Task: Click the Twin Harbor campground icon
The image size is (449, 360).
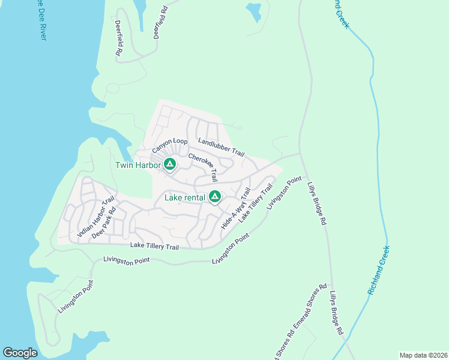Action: pos(170,164)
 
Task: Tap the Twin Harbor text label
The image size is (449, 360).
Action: pos(138,165)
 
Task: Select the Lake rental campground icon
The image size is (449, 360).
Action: pos(215,196)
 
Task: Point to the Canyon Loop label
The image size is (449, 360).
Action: pos(169,145)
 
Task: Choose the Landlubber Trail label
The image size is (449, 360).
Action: pos(221,147)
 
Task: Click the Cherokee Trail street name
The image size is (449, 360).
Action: pos(203,167)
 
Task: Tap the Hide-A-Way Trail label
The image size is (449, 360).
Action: pos(236,208)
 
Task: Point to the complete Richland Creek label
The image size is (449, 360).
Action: pos(379,269)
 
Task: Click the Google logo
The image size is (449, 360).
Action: pos(20,353)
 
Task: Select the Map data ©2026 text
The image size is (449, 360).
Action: pos(423,355)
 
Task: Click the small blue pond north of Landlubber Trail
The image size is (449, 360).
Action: pos(253,10)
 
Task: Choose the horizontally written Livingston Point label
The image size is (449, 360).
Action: pos(127,260)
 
